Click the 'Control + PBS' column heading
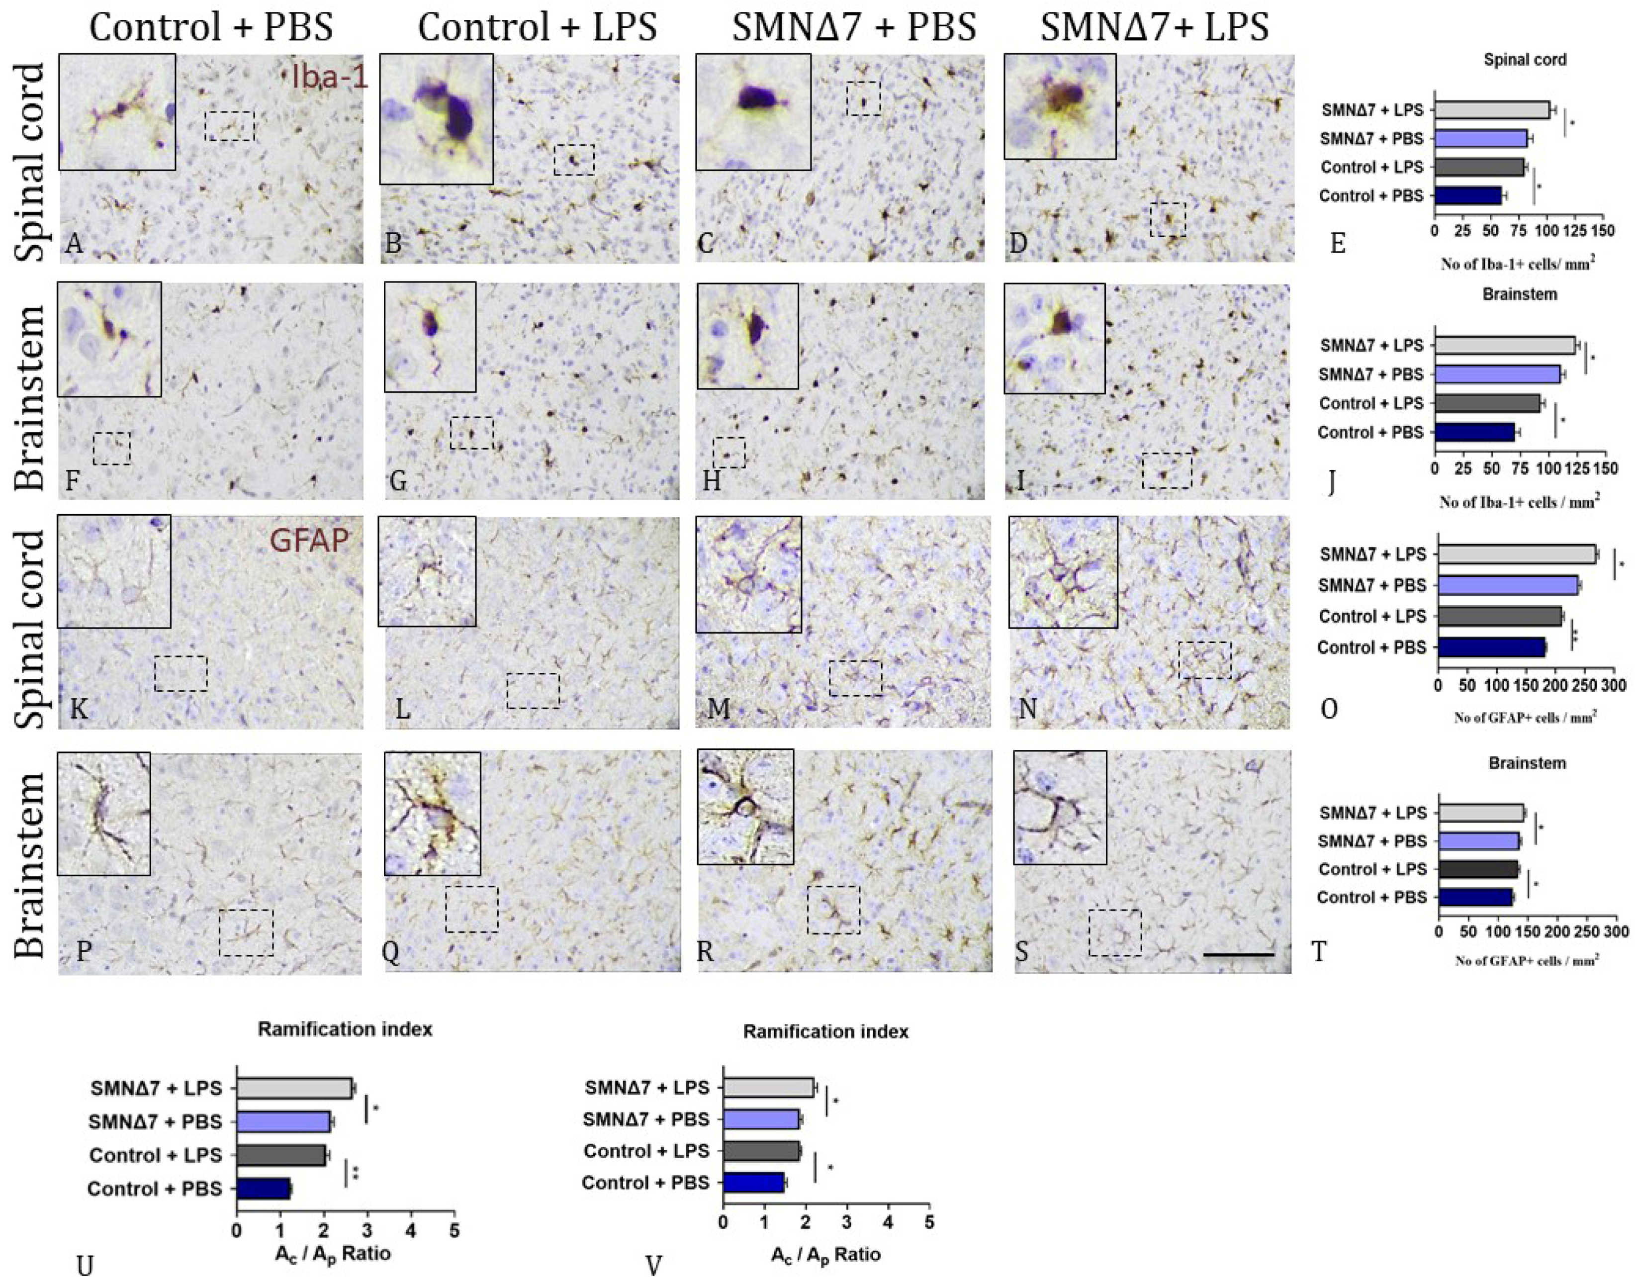tap(211, 27)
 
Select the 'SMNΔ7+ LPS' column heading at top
tap(1155, 27)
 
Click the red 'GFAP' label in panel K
tap(309, 540)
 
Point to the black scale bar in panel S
tap(1238, 955)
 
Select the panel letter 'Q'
tap(390, 952)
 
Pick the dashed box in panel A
tap(230, 126)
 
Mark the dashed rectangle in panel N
tap(1204, 660)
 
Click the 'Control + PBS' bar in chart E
tap(1467, 196)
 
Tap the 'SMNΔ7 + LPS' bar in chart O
tap(1516, 554)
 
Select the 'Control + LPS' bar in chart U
tap(281, 1155)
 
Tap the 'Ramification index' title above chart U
tap(345, 1029)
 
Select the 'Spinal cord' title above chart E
tap(1525, 60)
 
